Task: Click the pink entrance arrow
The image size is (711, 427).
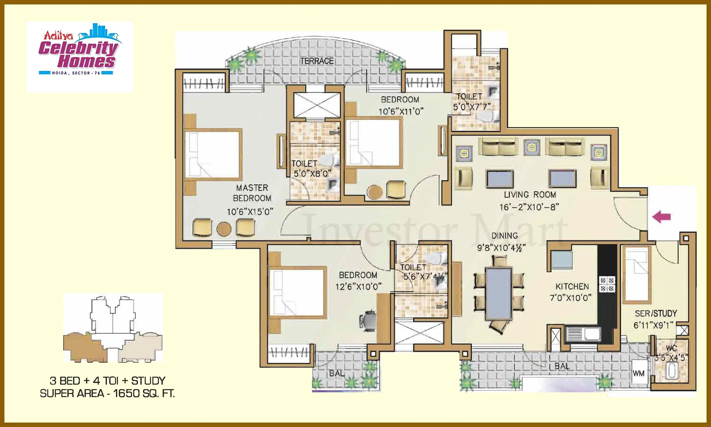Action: click(661, 217)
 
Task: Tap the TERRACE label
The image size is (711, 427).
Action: click(317, 61)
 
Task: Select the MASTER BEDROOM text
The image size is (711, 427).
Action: click(252, 193)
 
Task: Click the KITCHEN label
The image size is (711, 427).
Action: click(572, 286)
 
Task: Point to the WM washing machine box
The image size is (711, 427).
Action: click(639, 374)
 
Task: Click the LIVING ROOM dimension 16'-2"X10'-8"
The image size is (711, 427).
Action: click(529, 207)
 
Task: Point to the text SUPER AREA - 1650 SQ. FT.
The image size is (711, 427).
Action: click(107, 393)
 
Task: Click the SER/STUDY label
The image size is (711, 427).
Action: click(656, 313)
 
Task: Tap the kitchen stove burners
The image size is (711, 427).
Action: click(607, 284)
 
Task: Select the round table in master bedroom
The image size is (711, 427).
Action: click(224, 229)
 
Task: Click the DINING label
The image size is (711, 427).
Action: click(505, 236)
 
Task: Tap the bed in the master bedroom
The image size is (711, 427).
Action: click(213, 154)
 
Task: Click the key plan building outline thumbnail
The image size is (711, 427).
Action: click(113, 328)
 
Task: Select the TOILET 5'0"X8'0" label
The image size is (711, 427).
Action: click(312, 169)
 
